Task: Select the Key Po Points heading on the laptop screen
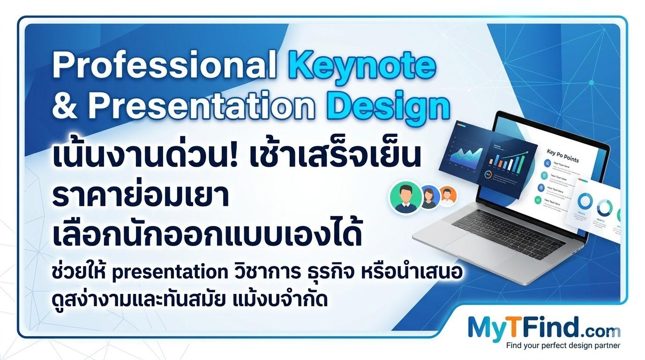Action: (x=562, y=156)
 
